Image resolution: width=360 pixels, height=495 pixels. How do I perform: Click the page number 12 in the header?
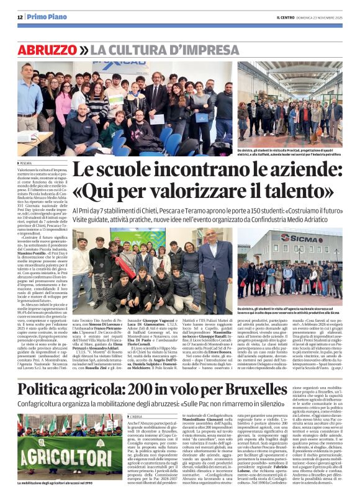[20, 17]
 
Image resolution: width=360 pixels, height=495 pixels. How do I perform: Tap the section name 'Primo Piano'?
[47, 17]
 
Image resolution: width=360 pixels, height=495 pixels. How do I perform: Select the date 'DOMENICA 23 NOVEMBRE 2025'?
[322, 17]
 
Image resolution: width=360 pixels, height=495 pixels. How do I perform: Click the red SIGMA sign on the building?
[301, 238]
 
